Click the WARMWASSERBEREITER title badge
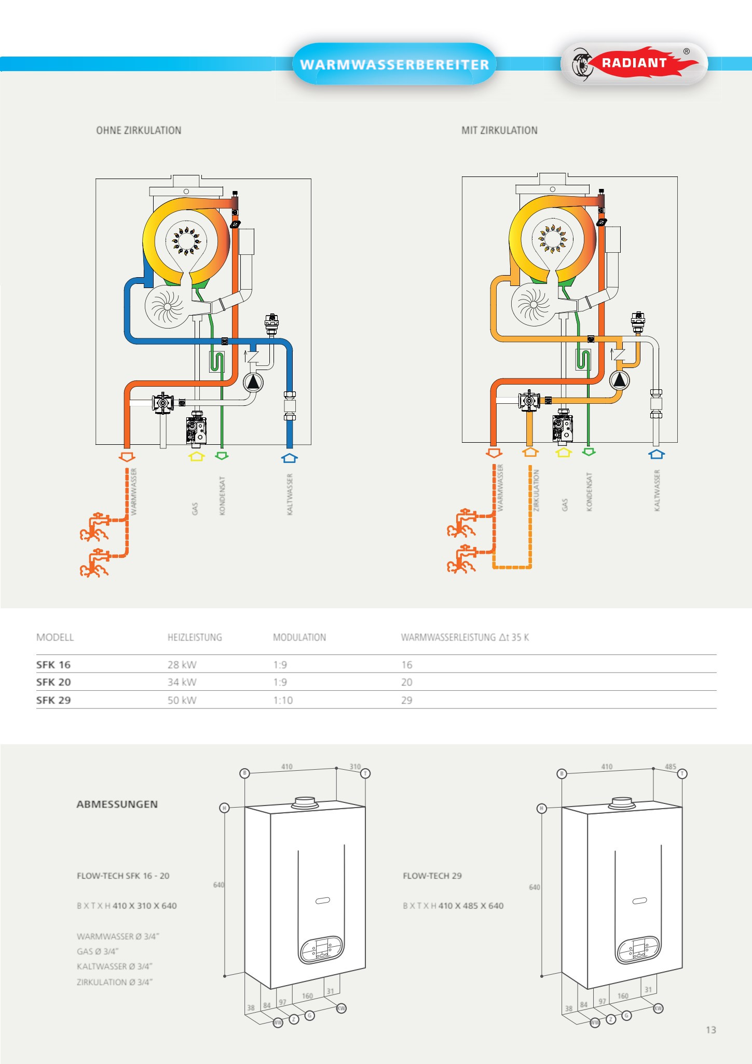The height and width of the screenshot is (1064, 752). [394, 64]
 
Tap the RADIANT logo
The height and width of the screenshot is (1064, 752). [634, 63]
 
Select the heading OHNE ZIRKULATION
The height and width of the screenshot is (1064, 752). [139, 130]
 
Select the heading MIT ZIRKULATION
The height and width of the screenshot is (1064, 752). [499, 130]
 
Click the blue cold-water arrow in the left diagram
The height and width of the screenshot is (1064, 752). [289, 458]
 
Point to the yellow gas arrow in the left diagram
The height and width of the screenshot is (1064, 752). [196, 456]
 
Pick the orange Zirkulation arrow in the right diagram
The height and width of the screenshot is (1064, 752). [530, 452]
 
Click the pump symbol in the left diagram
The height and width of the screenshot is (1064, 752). [253, 383]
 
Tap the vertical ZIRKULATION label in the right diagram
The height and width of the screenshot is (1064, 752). [537, 490]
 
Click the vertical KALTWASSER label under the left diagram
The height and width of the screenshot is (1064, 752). [290, 494]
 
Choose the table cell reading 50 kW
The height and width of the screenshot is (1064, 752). [182, 700]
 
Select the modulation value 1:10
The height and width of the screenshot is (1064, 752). [283, 700]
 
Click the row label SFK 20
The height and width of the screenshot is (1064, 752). [53, 682]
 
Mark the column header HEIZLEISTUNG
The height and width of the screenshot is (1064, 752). [195, 637]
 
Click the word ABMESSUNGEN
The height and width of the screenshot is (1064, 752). [117, 804]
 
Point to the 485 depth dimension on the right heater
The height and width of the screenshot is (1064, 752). [671, 767]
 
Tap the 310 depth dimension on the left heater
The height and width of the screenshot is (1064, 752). [355, 767]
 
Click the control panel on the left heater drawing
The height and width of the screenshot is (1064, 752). [322, 950]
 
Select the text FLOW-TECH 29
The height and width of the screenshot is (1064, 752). [432, 876]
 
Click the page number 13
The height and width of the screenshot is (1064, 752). [710, 1030]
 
